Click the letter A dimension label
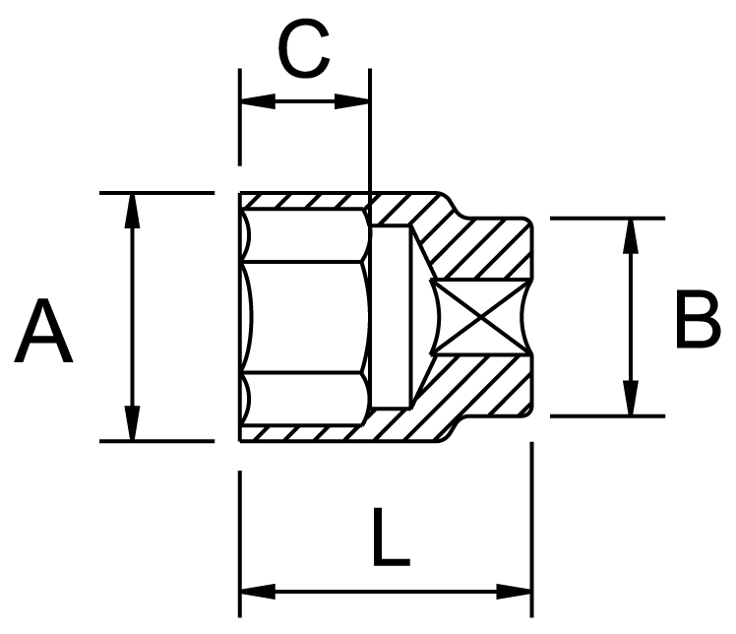click(43, 331)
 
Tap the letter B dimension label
click(698, 319)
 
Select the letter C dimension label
click(304, 48)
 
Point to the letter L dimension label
click(391, 537)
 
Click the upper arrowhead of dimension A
click(133, 211)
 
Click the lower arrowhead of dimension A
click(133, 423)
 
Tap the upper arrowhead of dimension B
click(632, 236)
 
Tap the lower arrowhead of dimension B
click(632, 399)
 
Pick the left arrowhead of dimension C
click(258, 101)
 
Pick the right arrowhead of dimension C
click(352, 101)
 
